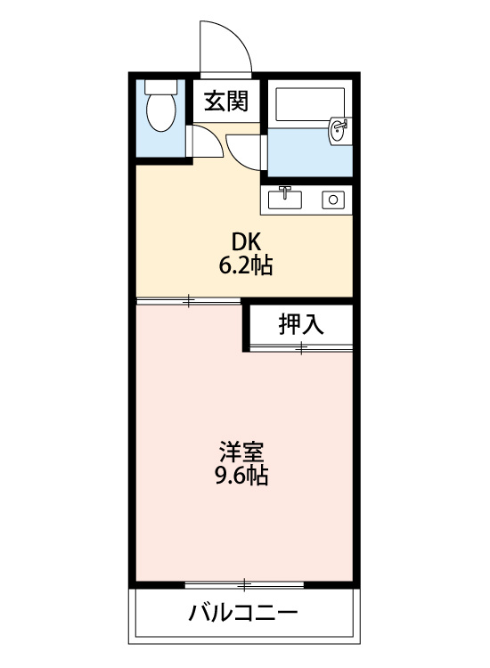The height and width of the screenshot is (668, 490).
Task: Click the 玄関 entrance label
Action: click(x=226, y=102)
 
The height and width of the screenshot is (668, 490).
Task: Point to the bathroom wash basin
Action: click(x=339, y=131)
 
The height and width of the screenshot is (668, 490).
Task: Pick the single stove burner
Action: click(x=334, y=200)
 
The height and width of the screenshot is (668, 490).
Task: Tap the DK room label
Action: click(x=246, y=241)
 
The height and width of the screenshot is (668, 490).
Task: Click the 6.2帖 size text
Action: click(x=246, y=265)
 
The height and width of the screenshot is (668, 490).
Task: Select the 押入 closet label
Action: click(x=301, y=324)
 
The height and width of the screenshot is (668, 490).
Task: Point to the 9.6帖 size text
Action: click(x=242, y=476)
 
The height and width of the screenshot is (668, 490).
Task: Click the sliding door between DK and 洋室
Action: click(x=189, y=301)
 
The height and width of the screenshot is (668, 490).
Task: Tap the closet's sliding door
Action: click(x=301, y=349)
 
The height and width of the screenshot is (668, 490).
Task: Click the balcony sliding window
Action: click(x=244, y=585)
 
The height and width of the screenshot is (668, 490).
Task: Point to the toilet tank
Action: click(x=161, y=87)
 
